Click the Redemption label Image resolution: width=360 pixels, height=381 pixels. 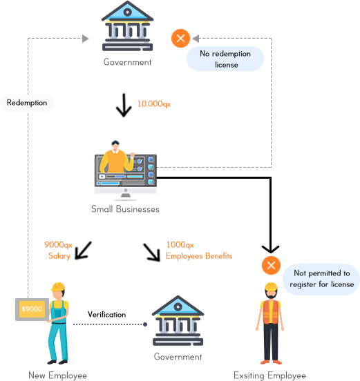pyautogui.click(x=27, y=103)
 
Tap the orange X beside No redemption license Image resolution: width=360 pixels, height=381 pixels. pyautogui.click(x=180, y=39)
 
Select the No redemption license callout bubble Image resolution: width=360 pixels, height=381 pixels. pyautogui.click(x=225, y=59)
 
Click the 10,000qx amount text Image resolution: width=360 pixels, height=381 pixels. pyautogui.click(x=154, y=104)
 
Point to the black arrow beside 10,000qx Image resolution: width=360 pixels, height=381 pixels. pyautogui.click(x=124, y=105)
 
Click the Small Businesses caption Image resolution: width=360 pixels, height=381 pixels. pyautogui.click(x=125, y=209)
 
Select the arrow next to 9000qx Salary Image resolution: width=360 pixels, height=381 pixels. pyautogui.click(x=83, y=251)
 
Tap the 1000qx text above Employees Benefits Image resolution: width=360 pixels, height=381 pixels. pyautogui.click(x=180, y=245)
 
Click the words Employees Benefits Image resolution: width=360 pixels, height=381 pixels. pyautogui.click(x=199, y=256)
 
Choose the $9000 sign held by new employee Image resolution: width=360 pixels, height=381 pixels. pyautogui.click(x=32, y=309)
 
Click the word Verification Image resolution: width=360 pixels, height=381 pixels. pyautogui.click(x=107, y=315)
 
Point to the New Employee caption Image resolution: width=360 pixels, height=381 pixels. pyautogui.click(x=57, y=375)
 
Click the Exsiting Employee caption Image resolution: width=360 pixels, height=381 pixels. pyautogui.click(x=269, y=375)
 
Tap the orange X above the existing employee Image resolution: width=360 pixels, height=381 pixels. pyautogui.click(x=272, y=265)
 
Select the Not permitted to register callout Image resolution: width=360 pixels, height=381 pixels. pyautogui.click(x=321, y=279)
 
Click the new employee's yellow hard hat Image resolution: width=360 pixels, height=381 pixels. pyautogui.click(x=58, y=286)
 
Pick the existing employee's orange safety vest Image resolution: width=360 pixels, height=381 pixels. pyautogui.click(x=271, y=312)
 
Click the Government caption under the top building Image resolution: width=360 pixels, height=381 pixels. pyautogui.click(x=127, y=62)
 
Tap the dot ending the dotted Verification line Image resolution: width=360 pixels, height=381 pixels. pyautogui.click(x=145, y=324)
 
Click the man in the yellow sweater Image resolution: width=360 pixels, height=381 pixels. pyautogui.click(x=116, y=158)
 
